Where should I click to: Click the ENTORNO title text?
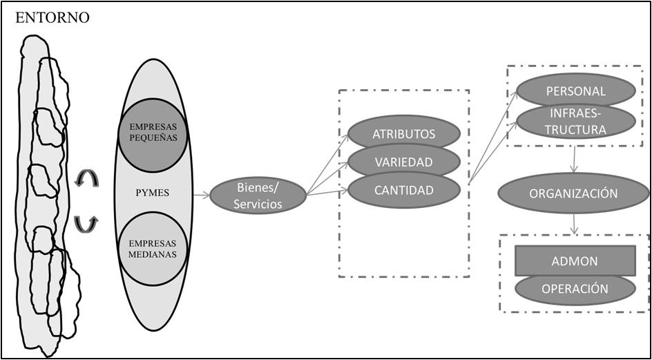(x=52, y=18)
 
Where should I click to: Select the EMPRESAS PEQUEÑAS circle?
(x=152, y=132)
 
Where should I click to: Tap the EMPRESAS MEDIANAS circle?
(x=152, y=249)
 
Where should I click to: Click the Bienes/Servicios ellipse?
(x=258, y=195)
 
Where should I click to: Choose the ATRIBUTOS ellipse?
(x=403, y=134)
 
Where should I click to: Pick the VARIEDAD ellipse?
(x=403, y=162)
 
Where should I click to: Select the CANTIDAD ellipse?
(x=403, y=189)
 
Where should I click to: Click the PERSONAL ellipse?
(x=575, y=91)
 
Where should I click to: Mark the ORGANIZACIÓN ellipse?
(x=573, y=193)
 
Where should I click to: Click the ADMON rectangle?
(x=575, y=261)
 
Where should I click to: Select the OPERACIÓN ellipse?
(x=575, y=288)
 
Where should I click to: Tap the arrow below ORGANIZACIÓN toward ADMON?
(x=575, y=223)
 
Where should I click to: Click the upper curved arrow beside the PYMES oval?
(x=87, y=179)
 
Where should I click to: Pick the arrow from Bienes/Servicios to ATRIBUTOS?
(x=328, y=163)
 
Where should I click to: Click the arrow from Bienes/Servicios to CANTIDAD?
(x=327, y=192)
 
